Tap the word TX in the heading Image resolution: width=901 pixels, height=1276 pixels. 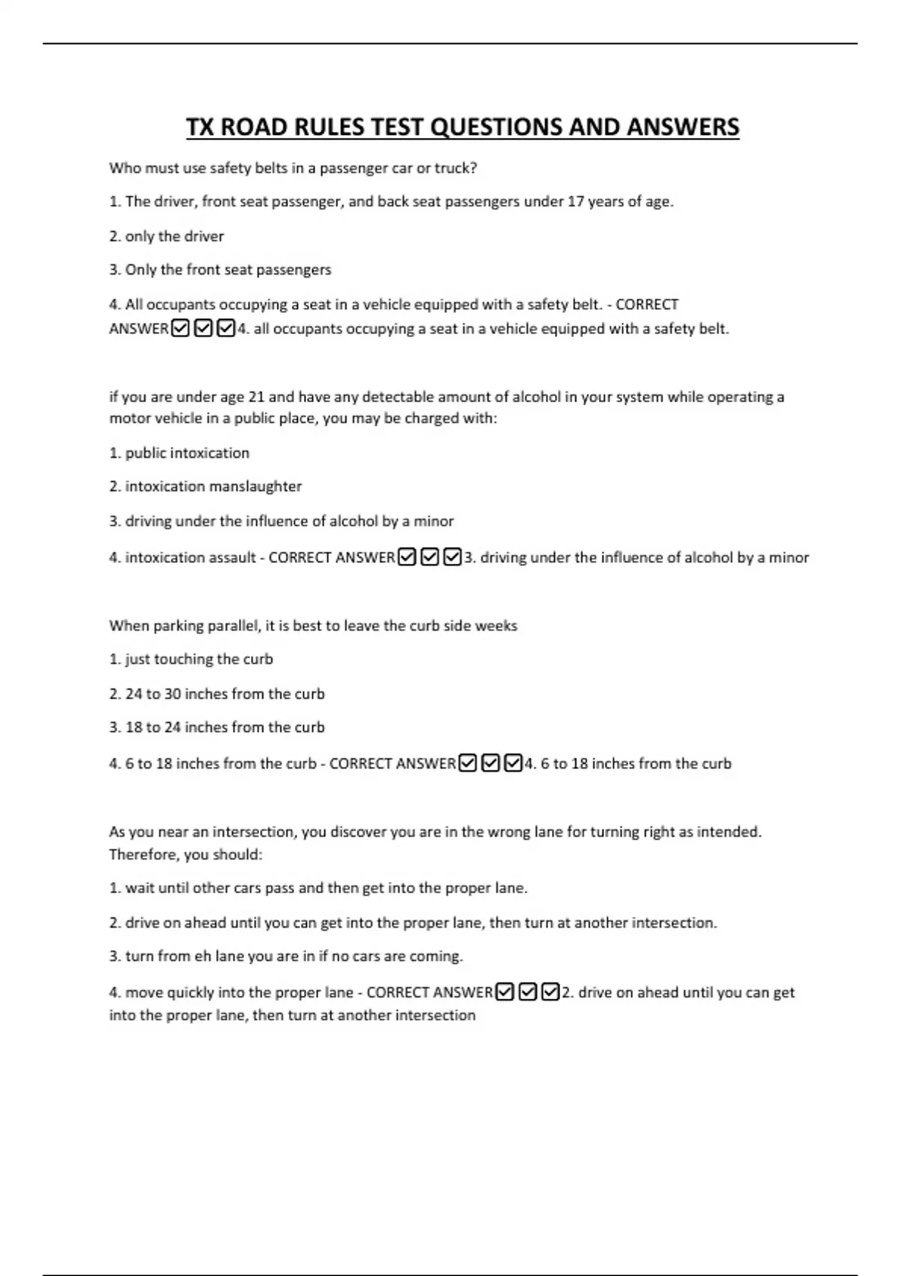point(200,128)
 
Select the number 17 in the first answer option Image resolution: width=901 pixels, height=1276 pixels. point(575,201)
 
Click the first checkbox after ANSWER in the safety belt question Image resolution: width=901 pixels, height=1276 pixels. point(180,329)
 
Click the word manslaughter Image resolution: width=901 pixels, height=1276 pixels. point(255,486)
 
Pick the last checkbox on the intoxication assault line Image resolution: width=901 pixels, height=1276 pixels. point(452,558)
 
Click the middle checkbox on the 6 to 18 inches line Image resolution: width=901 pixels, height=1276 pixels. point(490,763)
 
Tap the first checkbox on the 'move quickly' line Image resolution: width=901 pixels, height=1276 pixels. point(505,992)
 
